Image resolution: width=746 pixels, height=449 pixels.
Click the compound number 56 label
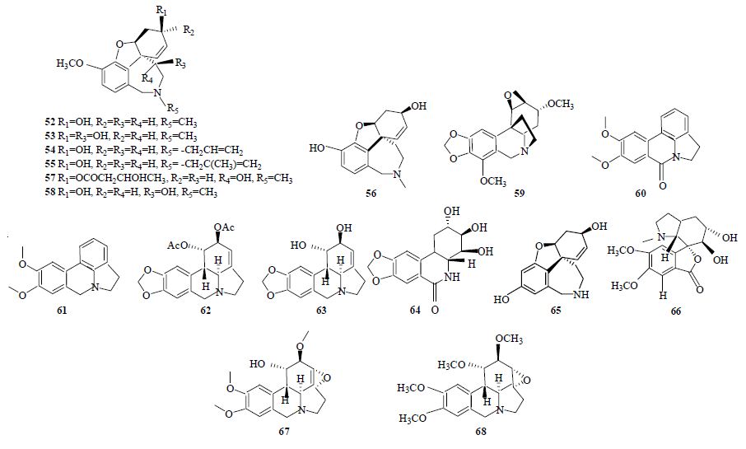pos(371,194)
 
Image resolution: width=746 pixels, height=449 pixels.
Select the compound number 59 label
pos(519,194)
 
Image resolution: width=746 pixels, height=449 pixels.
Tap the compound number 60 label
pos(641,194)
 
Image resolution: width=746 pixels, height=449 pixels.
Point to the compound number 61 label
pos(62,311)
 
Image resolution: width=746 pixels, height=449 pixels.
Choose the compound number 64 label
pos(415,311)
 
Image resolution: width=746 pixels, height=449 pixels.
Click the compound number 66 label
pos(675,311)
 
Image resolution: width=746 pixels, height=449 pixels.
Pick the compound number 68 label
pos(481,432)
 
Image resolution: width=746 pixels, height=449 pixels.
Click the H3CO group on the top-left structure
pos(70,64)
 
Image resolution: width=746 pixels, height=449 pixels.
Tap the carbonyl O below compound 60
pos(660,185)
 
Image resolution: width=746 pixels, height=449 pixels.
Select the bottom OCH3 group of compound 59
pos(493,181)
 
